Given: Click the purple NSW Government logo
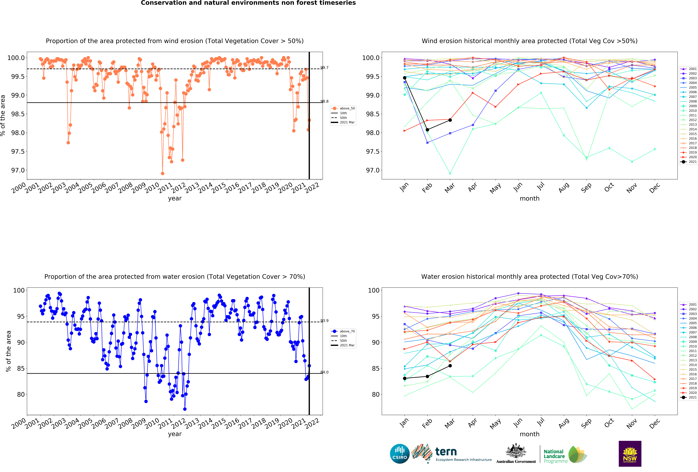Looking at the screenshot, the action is tap(630, 454).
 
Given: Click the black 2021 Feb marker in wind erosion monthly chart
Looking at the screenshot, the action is tap(427, 130).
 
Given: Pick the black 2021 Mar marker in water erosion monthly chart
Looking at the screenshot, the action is tap(450, 366).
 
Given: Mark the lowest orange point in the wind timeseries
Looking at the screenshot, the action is tap(163, 173).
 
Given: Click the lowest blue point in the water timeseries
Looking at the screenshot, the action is tap(185, 409).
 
